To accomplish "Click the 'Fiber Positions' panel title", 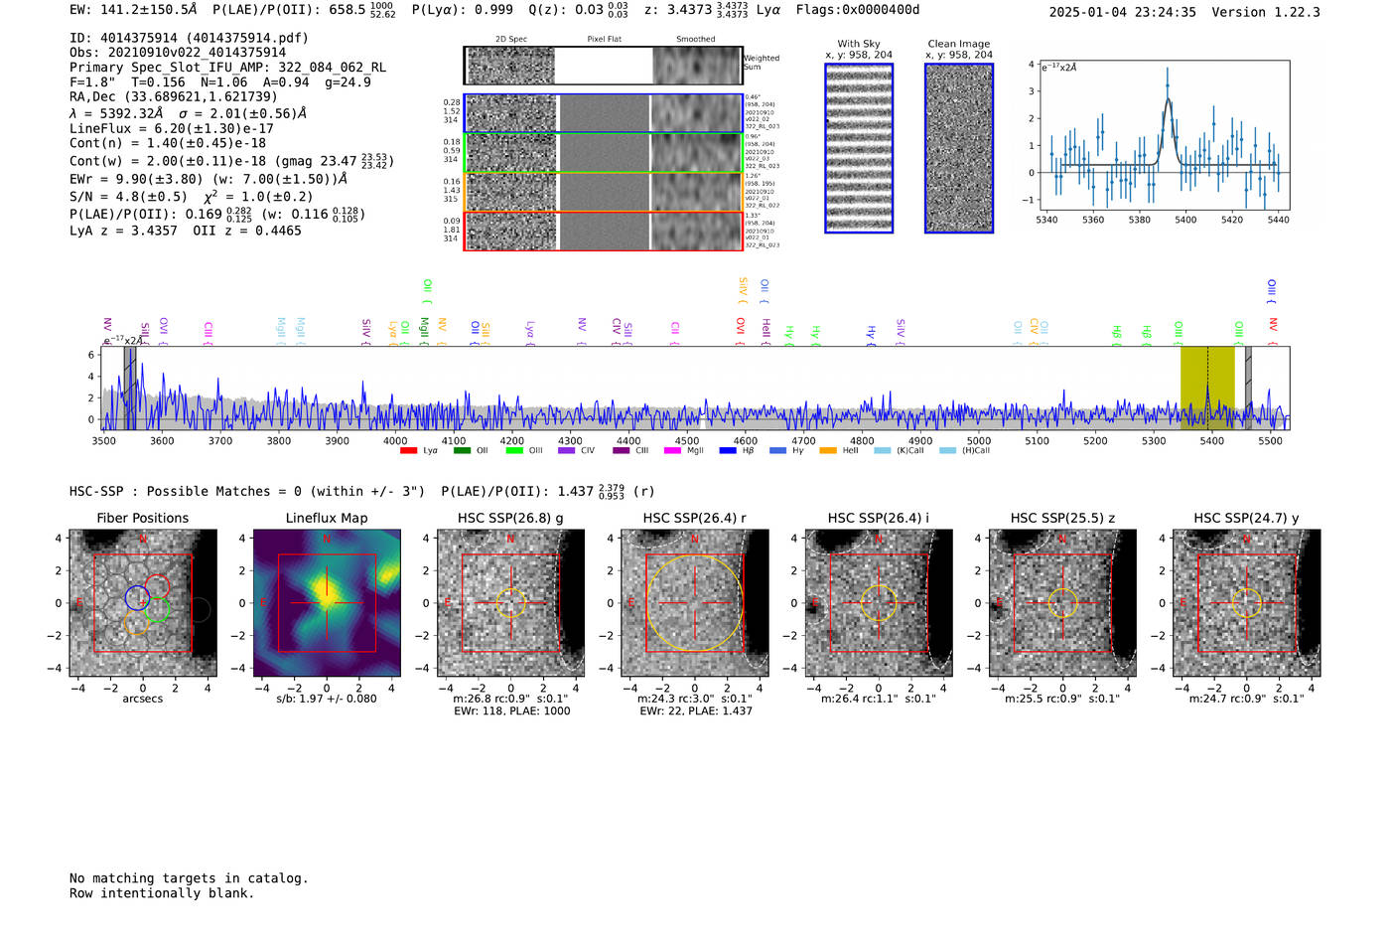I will [x=142, y=518].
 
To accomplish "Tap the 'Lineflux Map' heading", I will [x=326, y=518].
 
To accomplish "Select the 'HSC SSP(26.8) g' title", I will [x=509, y=518].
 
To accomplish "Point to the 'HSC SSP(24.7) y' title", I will [x=1246, y=518].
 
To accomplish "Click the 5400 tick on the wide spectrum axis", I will [x=1211, y=441].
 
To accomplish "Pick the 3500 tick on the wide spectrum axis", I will [x=103, y=441].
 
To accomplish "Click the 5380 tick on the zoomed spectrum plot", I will [x=1139, y=220].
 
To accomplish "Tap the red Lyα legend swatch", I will [x=408, y=451].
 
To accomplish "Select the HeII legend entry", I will [x=840, y=451].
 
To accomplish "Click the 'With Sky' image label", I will [x=858, y=44].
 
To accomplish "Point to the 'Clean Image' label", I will [x=958, y=44].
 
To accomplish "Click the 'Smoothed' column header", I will [x=695, y=40].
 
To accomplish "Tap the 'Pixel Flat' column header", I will [x=604, y=40].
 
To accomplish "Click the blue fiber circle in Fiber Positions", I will [x=137, y=598].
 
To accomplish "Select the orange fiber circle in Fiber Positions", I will [x=136, y=624].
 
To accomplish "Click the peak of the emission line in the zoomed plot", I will [x=1168, y=72].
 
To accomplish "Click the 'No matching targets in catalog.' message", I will [x=189, y=878].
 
